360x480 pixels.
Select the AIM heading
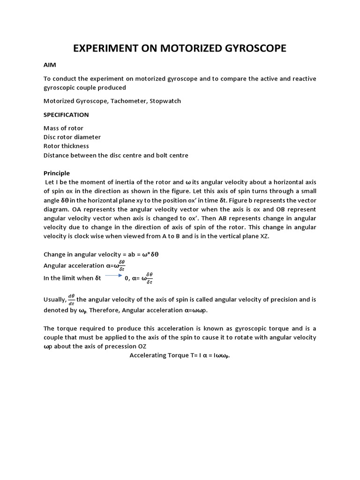point(50,66)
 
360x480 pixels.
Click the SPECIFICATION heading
point(66,114)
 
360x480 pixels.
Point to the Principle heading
point(56,173)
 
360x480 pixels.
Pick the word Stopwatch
point(165,101)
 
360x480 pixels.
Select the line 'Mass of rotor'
point(63,128)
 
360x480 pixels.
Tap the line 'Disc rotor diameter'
point(72,137)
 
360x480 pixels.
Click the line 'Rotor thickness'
point(66,146)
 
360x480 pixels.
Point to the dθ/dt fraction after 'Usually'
point(71,299)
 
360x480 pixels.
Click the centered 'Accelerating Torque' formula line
point(180,355)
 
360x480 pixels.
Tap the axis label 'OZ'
point(142,346)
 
